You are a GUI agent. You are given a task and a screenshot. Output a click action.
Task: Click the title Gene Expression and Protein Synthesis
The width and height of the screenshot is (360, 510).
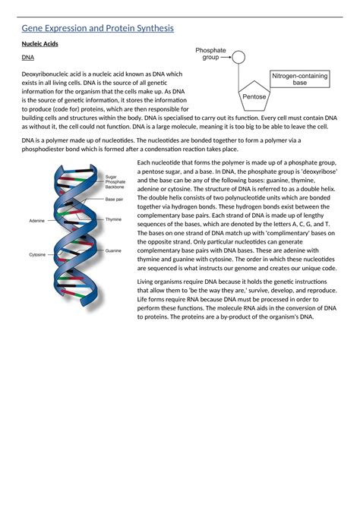[98, 28]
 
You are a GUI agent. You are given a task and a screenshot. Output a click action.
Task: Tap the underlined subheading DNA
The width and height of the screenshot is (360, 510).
[27, 58]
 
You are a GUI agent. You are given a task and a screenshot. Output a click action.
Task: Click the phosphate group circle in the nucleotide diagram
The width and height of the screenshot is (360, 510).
[238, 57]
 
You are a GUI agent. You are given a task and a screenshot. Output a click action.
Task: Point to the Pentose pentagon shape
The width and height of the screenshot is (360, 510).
[254, 96]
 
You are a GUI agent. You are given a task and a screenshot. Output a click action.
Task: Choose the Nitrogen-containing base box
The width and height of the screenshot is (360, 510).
[300, 78]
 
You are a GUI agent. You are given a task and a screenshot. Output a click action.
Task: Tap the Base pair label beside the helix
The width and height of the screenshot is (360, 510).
[114, 200]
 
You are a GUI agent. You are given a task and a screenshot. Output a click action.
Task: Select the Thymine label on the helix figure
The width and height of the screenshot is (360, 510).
[113, 219]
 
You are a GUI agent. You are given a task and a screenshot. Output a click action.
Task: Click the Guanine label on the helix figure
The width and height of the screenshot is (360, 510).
[113, 250]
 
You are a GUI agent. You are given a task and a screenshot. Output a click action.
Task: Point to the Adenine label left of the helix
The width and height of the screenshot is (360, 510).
[36, 220]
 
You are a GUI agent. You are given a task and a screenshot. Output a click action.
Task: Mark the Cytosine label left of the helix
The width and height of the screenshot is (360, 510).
[37, 254]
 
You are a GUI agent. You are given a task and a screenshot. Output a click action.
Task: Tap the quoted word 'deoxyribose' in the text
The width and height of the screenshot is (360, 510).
[317, 172]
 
